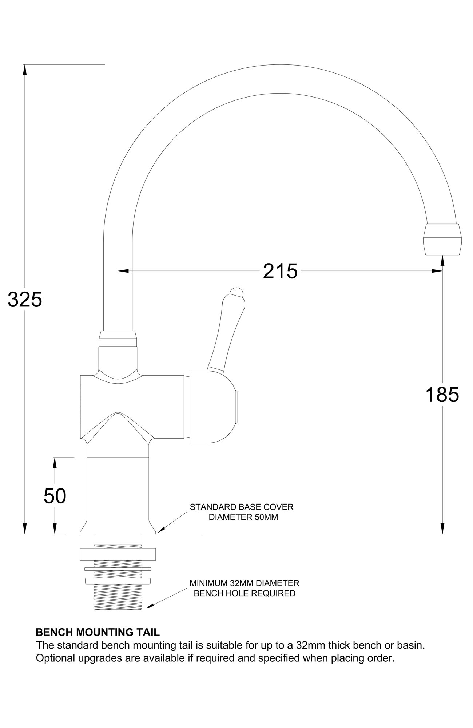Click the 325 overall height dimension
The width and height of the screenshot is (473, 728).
pyautogui.click(x=25, y=300)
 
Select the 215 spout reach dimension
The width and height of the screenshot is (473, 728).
pyautogui.click(x=280, y=271)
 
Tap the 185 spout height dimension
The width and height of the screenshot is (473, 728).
pyautogui.click(x=442, y=395)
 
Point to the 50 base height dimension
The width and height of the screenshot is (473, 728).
pyautogui.click(x=55, y=496)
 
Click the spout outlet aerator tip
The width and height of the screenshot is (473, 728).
pyautogui.click(x=442, y=240)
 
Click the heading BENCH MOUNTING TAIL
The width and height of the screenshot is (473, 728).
pyautogui.click(x=98, y=632)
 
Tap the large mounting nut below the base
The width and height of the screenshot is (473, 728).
pyautogui.click(x=118, y=554)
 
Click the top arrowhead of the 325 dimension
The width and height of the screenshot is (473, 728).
pyautogui.click(x=25, y=70)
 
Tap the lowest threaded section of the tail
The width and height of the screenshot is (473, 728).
pyautogui.click(x=118, y=597)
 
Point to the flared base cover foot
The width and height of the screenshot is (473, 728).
pyautogui.click(x=118, y=528)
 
